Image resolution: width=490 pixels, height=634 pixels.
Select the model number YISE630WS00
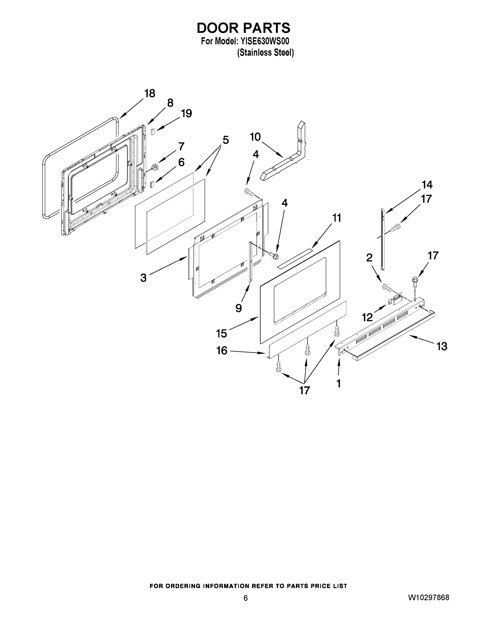264,41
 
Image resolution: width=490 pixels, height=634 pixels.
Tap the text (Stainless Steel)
265,53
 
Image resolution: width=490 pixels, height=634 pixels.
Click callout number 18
150,94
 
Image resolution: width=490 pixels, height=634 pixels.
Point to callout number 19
186,113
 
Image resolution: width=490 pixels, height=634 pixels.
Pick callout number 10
255,137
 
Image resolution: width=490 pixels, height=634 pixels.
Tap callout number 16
222,351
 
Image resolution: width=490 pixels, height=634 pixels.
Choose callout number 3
143,278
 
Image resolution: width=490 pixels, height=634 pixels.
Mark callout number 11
337,218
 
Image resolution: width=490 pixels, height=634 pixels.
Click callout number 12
367,317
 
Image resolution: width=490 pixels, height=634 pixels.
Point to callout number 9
239,308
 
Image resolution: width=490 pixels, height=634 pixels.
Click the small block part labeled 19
153,132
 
